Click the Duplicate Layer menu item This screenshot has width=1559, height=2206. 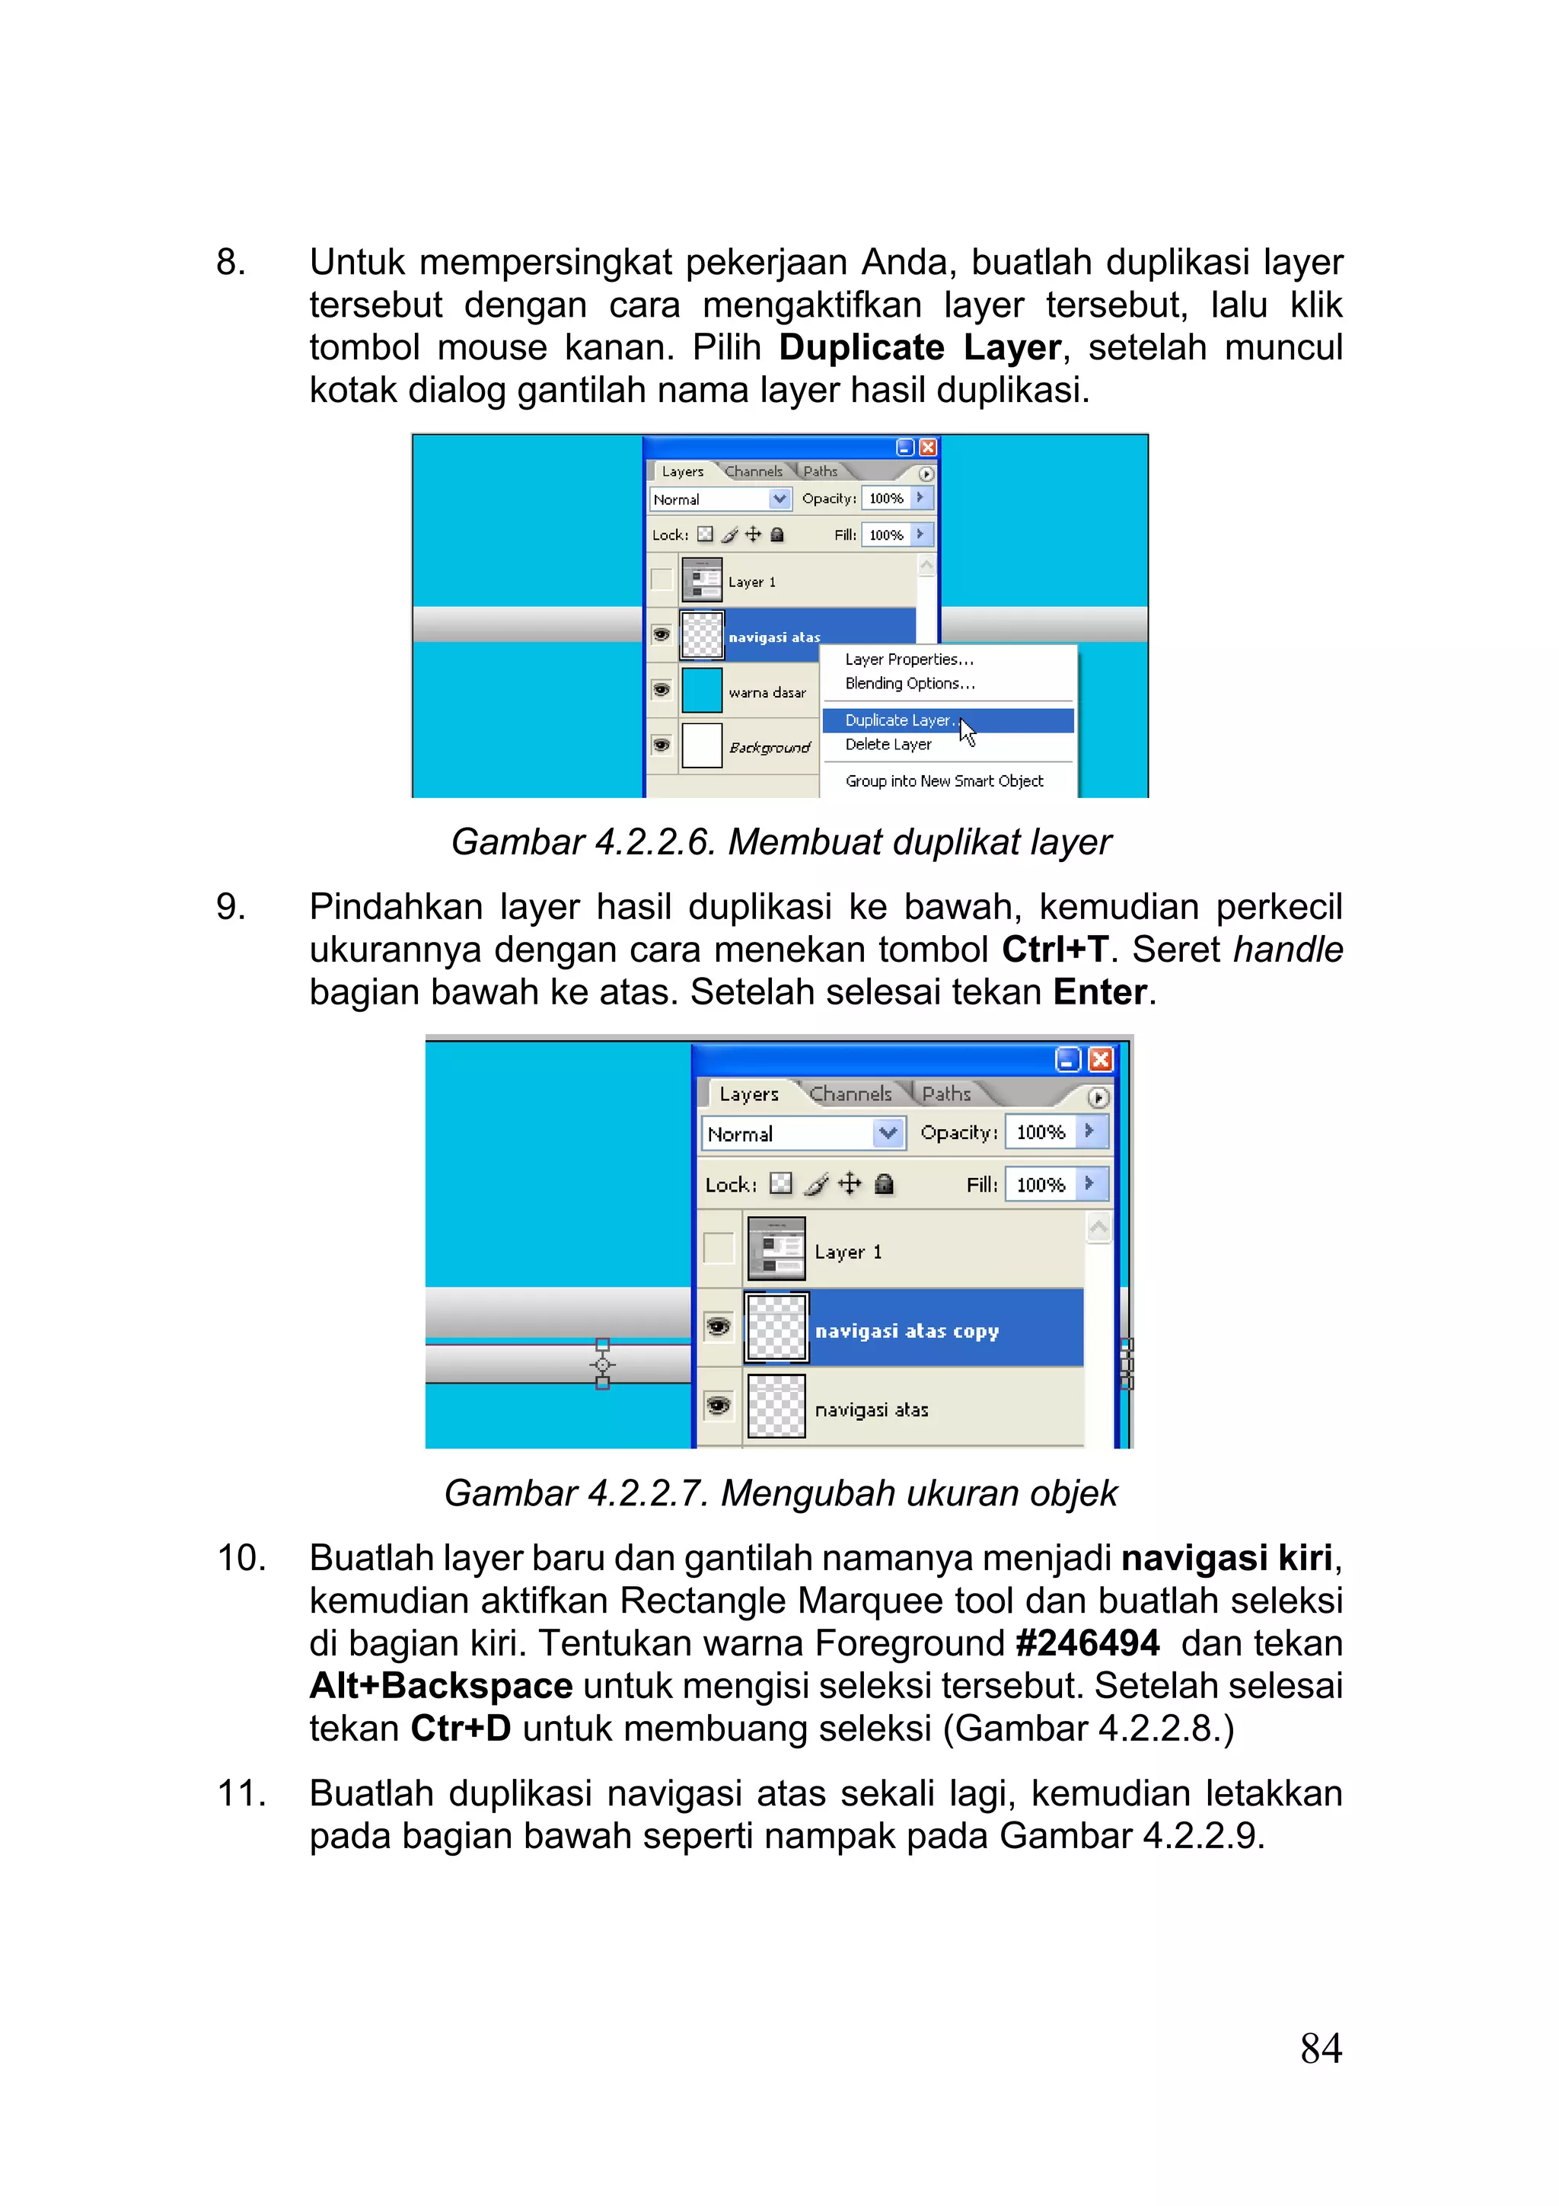coord(897,720)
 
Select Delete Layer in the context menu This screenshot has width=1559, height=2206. coord(888,745)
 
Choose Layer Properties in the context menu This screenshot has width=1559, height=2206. coord(909,659)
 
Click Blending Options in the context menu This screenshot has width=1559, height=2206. coord(910,683)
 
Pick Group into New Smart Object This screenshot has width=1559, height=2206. coord(943,781)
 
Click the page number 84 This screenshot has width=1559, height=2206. coord(1320,2048)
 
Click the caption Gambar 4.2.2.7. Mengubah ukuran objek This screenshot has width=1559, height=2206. coord(780,1493)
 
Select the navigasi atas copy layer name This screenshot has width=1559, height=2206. coord(907,1331)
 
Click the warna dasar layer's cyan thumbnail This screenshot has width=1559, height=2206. coord(701,691)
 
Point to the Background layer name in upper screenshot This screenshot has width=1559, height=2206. coord(770,748)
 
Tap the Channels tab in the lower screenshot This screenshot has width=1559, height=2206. coord(850,1093)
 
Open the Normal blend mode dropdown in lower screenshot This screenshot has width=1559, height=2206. coord(888,1134)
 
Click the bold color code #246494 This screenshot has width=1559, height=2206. coord(1086,1643)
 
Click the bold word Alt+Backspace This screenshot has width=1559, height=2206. coord(441,1685)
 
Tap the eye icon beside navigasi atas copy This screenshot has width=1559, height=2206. coord(718,1328)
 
